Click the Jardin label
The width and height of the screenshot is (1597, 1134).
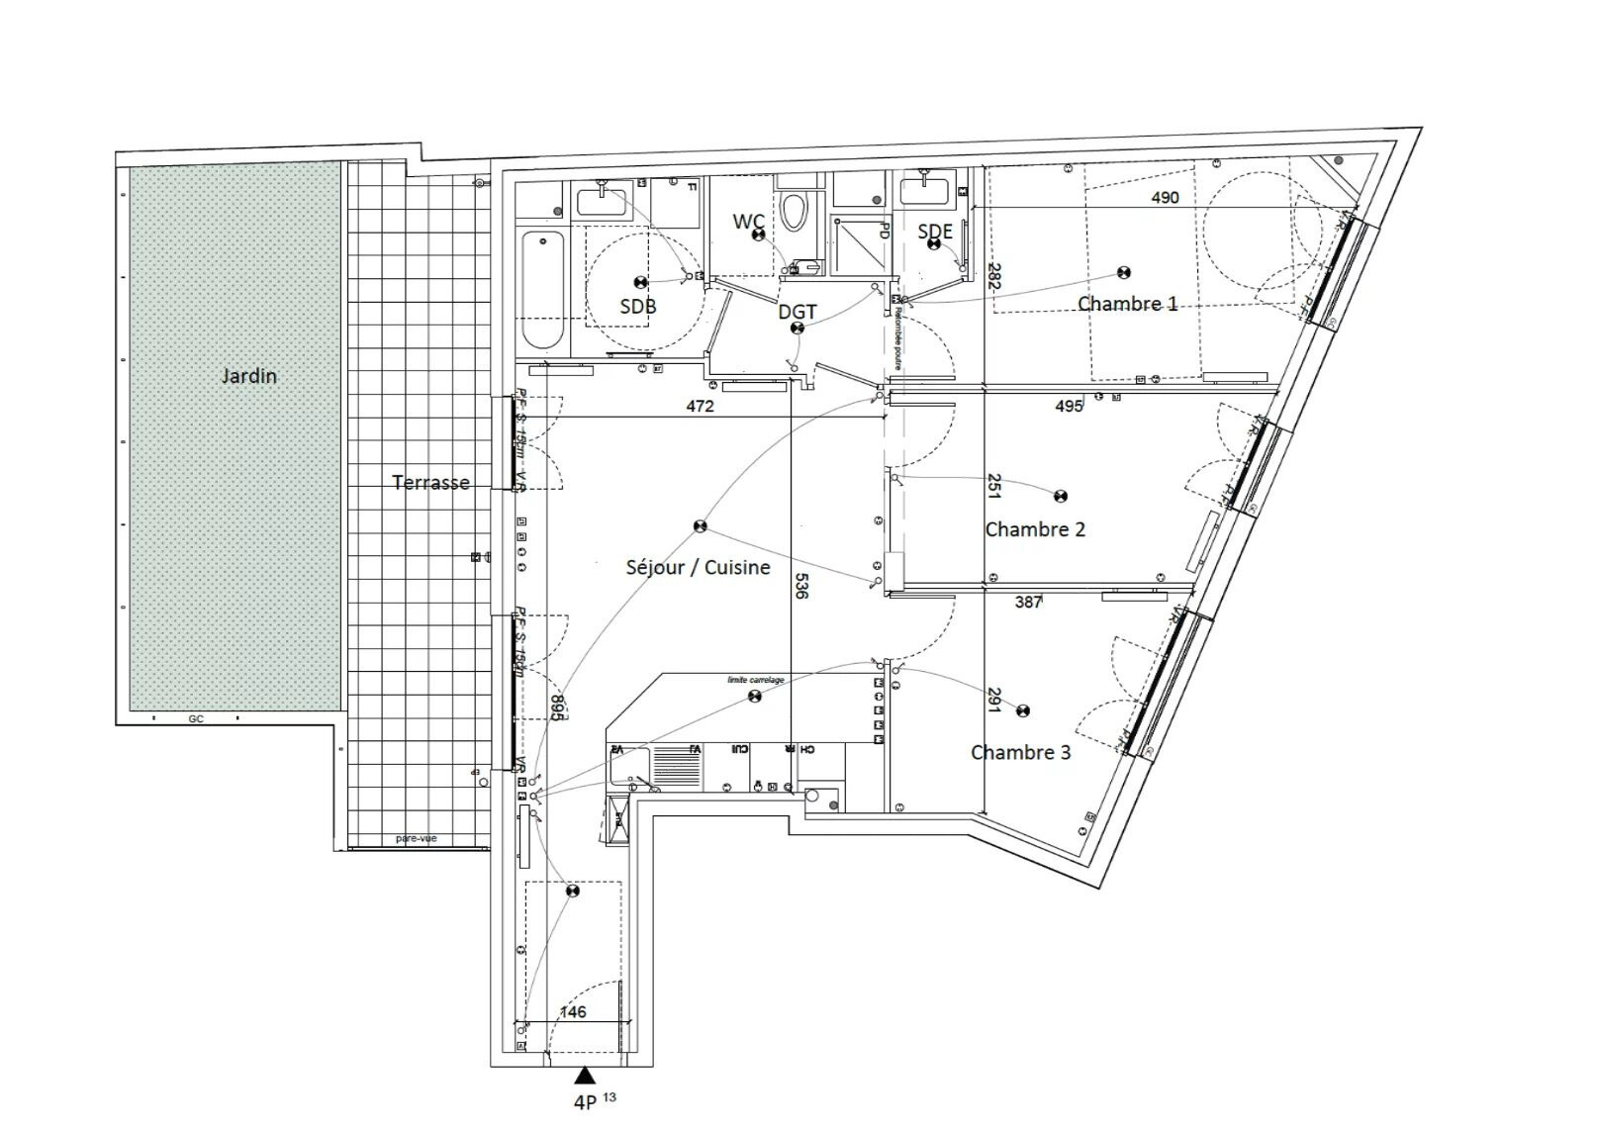(248, 376)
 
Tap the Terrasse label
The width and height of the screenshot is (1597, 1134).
(430, 483)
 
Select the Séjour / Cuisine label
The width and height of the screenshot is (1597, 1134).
(698, 567)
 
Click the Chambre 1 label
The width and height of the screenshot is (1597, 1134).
(1127, 304)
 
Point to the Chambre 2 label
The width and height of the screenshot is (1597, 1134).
(1035, 529)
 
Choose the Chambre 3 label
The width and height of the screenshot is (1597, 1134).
(1020, 752)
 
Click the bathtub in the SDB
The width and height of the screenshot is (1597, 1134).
(541, 289)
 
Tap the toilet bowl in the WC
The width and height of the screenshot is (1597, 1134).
(794, 211)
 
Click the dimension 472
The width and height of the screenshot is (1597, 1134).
(700, 406)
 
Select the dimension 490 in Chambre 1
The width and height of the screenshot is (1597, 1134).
(1165, 197)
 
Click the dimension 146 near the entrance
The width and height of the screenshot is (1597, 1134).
(573, 1011)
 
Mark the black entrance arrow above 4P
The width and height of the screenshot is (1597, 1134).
(585, 1076)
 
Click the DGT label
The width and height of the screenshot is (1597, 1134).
(798, 312)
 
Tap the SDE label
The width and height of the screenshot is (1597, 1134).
(935, 232)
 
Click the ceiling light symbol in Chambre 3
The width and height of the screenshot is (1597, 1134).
(1023, 710)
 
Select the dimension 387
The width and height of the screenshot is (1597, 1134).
(1028, 602)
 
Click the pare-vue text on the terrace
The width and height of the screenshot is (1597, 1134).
(416, 838)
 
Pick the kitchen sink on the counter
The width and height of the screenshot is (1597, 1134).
(630, 765)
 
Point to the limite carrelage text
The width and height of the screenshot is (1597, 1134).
(755, 680)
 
